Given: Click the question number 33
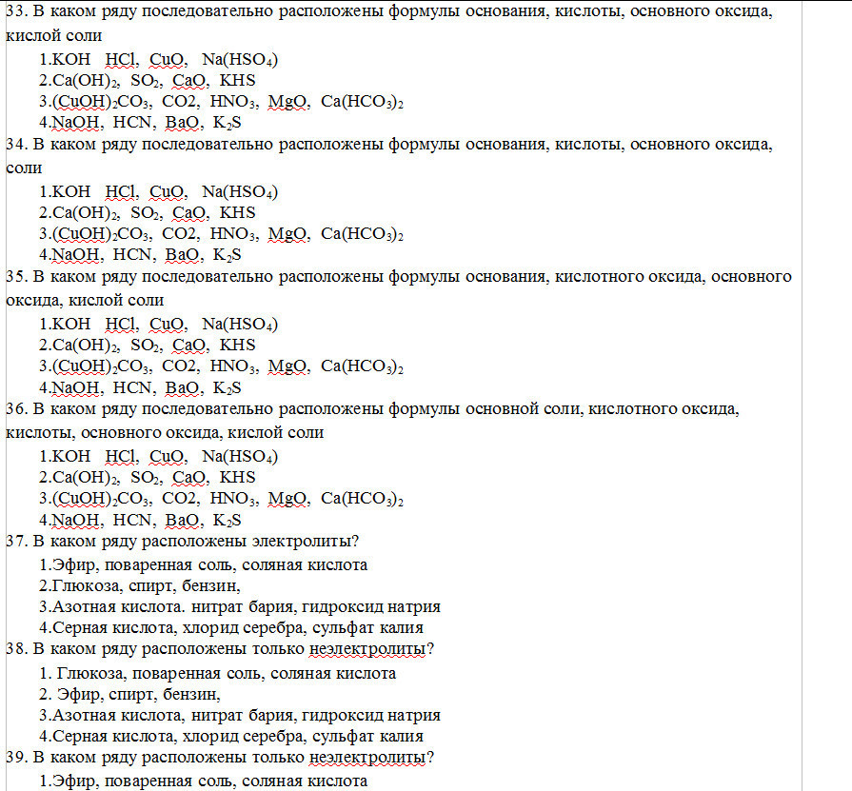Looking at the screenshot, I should pyautogui.click(x=14, y=13).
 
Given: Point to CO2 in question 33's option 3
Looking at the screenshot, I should pyautogui.click(x=180, y=102).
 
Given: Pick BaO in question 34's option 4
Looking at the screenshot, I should pyautogui.click(x=183, y=255).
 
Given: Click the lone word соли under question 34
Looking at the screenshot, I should pyautogui.click(x=24, y=168).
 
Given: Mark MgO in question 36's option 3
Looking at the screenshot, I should pyautogui.click(x=289, y=499).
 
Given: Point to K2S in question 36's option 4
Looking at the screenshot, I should pyautogui.click(x=228, y=520).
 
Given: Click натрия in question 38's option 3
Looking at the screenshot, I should pyautogui.click(x=412, y=715).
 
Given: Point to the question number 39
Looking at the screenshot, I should pyautogui.click(x=14, y=759).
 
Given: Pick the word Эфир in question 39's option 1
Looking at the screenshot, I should pyautogui.click(x=71, y=781).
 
